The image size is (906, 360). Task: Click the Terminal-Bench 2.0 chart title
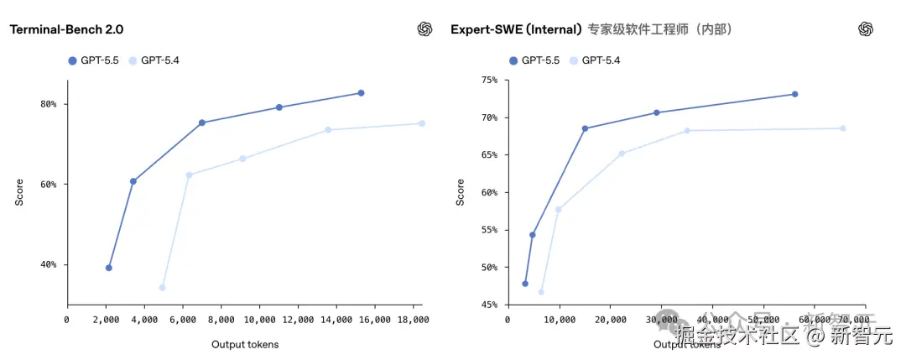click(x=66, y=29)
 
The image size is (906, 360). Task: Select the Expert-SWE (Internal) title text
click(x=516, y=29)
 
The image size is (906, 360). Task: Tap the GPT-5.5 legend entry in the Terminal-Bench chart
click(x=95, y=60)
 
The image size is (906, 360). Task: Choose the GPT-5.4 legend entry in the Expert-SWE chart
click(x=597, y=60)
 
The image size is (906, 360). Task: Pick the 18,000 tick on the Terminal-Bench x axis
click(x=413, y=320)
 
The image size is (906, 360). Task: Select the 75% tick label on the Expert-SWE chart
click(x=487, y=80)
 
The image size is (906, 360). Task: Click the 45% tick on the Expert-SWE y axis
click(x=487, y=305)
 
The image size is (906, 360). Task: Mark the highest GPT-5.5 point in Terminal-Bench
click(x=361, y=93)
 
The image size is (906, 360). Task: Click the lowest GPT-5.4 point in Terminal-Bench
click(x=162, y=288)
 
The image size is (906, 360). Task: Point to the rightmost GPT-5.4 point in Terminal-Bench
click(x=422, y=123)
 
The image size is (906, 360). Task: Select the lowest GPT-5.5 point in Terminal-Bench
click(x=109, y=268)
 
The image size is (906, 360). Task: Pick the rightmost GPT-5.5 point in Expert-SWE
click(x=794, y=94)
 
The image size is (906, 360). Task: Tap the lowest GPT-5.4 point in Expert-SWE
click(x=541, y=292)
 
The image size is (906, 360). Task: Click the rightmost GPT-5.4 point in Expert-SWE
click(x=843, y=128)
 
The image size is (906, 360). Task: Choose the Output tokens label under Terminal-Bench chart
click(x=245, y=344)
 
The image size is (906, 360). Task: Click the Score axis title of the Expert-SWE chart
click(x=460, y=192)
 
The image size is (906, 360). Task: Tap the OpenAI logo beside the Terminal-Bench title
click(x=425, y=29)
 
